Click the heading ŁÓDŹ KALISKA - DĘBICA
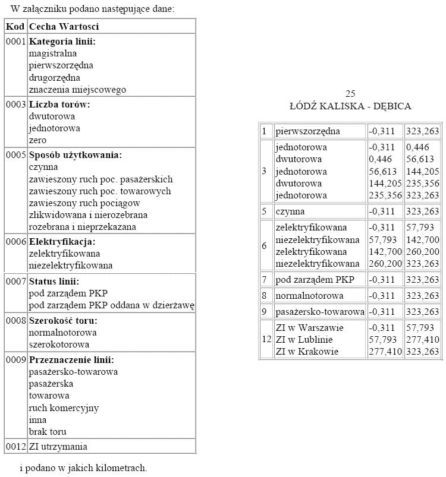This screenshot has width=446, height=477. click(350, 106)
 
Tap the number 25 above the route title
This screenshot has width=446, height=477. click(350, 94)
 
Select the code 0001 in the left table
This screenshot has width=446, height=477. click(15, 42)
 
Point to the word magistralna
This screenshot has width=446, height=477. click(53, 53)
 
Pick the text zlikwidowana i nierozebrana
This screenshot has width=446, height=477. click(88, 215)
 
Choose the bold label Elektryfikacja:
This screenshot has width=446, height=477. click(62, 242)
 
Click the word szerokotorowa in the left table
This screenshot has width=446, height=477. click(59, 345)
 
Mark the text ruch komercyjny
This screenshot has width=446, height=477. click(64, 408)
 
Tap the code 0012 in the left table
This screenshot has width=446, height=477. click(15, 447)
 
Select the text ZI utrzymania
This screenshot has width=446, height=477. click(58, 447)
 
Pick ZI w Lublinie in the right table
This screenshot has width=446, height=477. click(304, 340)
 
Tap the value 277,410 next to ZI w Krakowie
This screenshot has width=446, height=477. click(384, 352)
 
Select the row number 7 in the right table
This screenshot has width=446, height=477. click(265, 279)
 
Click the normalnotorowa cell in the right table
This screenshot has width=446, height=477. click(309, 295)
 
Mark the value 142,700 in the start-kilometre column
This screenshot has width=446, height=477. click(384, 251)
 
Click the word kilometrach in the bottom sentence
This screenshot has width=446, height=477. click(120, 468)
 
